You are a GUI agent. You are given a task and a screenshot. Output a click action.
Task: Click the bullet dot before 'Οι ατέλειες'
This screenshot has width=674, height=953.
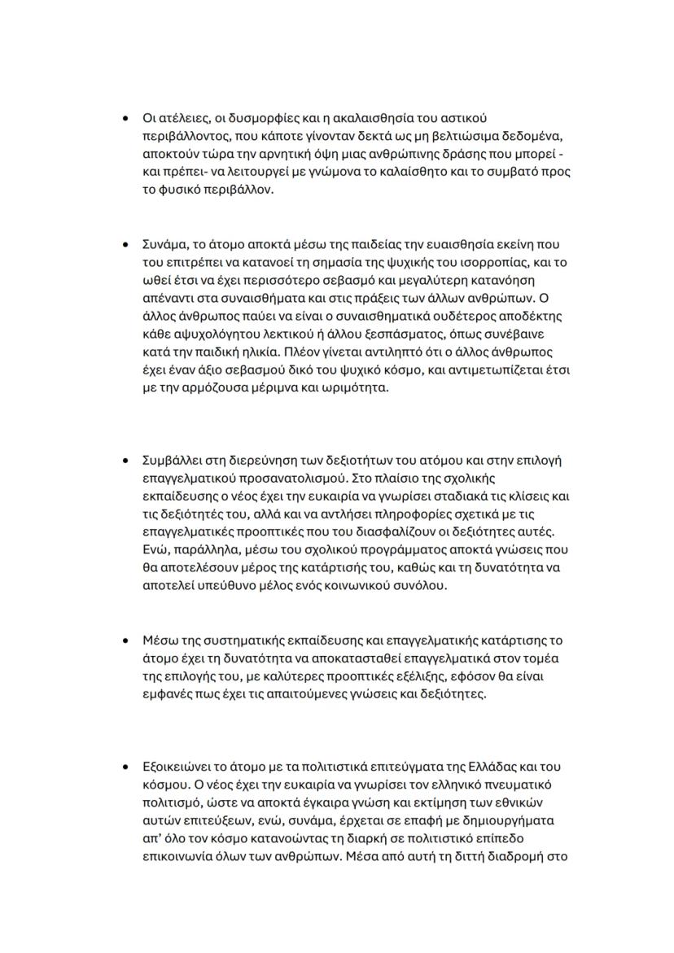[x=125, y=119]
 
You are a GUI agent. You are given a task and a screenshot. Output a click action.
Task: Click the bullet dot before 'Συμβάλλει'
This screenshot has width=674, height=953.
[x=125, y=461]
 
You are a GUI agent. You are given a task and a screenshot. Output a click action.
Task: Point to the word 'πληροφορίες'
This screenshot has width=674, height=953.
[x=395, y=514]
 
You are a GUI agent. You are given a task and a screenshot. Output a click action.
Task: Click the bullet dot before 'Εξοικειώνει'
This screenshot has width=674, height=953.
[x=125, y=767]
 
